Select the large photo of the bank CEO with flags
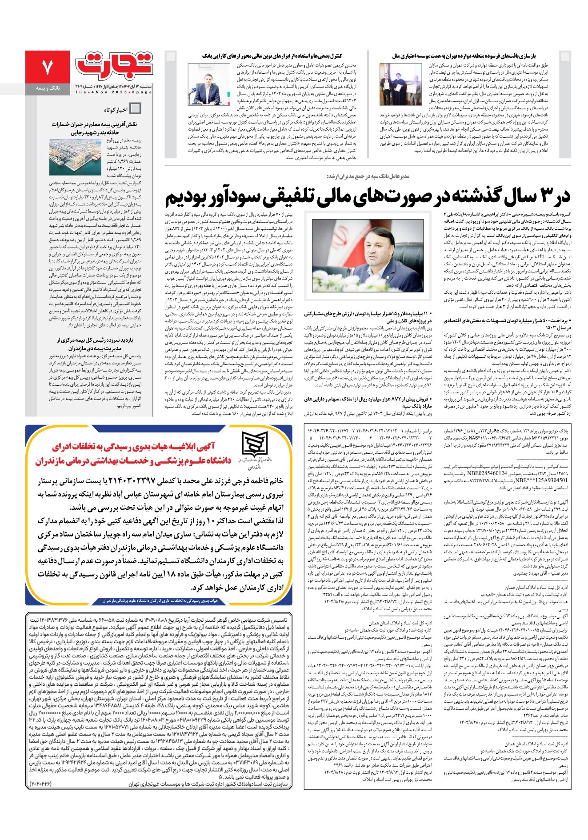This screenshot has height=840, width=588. pyautogui.click(x=367, y=256)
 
